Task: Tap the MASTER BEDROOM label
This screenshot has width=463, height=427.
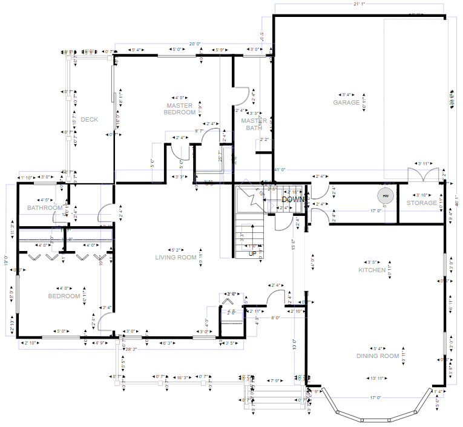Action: (180, 109)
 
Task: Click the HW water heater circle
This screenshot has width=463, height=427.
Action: (384, 196)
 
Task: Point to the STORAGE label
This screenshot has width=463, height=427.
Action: (421, 203)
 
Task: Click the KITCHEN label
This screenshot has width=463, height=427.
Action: (372, 270)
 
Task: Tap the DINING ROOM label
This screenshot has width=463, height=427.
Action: (378, 356)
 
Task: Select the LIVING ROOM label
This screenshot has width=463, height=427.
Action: (176, 258)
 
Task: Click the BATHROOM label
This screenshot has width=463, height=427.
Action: (45, 208)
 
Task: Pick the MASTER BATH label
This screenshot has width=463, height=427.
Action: (254, 124)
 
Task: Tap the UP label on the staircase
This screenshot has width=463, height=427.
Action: (252, 254)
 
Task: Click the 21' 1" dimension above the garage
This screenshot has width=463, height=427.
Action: (359, 4)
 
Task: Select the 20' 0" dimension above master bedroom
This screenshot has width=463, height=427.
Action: (195, 44)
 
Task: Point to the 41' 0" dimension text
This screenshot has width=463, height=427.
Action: (280, 170)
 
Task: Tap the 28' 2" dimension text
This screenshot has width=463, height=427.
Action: (131, 350)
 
